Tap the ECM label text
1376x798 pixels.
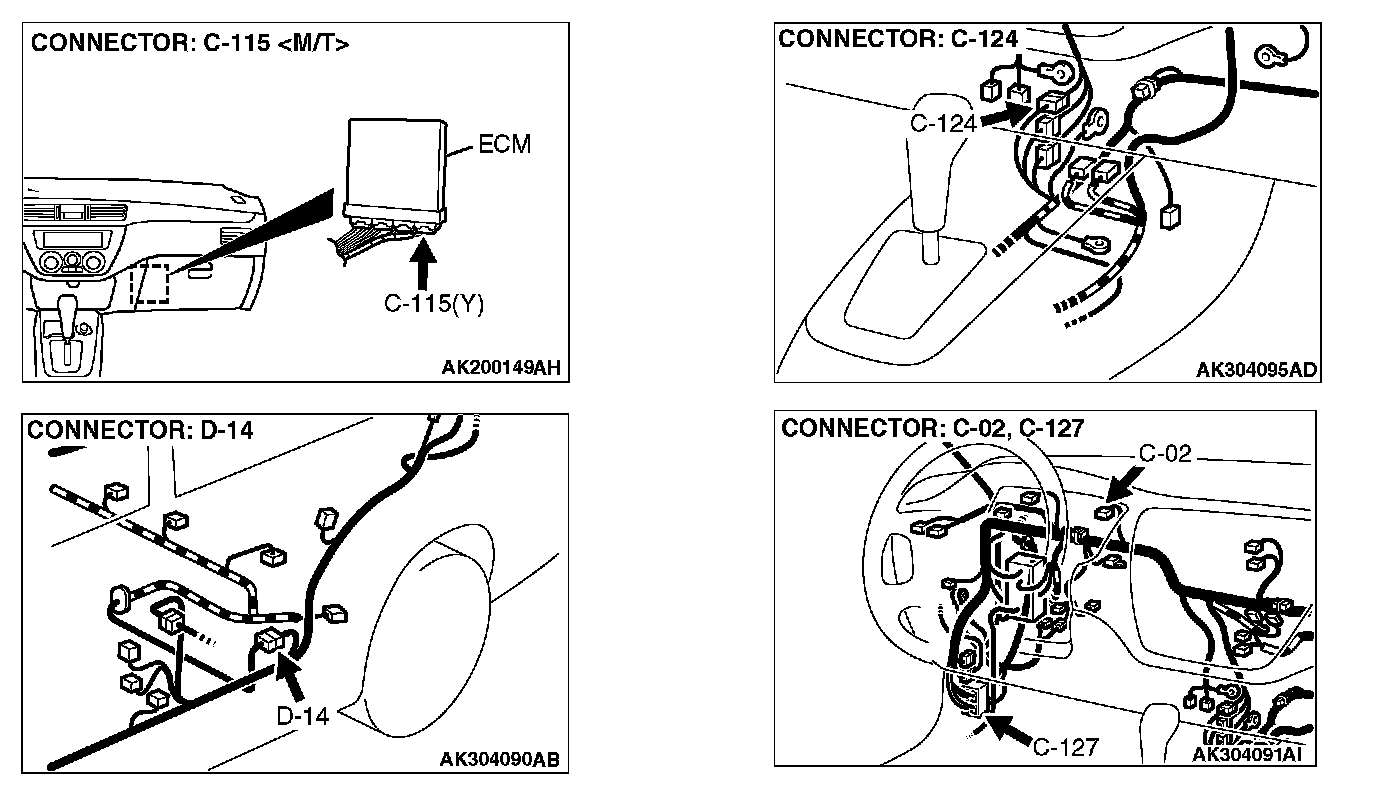point(505,145)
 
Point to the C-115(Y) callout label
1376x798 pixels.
point(434,304)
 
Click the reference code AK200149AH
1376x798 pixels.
point(501,368)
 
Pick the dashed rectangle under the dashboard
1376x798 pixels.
point(151,284)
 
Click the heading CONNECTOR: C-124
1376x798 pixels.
point(898,40)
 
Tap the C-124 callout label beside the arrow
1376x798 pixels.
point(942,122)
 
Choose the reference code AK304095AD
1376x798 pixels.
point(1256,370)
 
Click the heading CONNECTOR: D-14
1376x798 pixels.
point(140,430)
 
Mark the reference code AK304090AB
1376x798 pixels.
point(499,760)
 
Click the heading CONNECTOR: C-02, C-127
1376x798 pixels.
point(932,429)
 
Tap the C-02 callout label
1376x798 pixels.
point(1165,453)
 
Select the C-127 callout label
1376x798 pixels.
point(1065,746)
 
